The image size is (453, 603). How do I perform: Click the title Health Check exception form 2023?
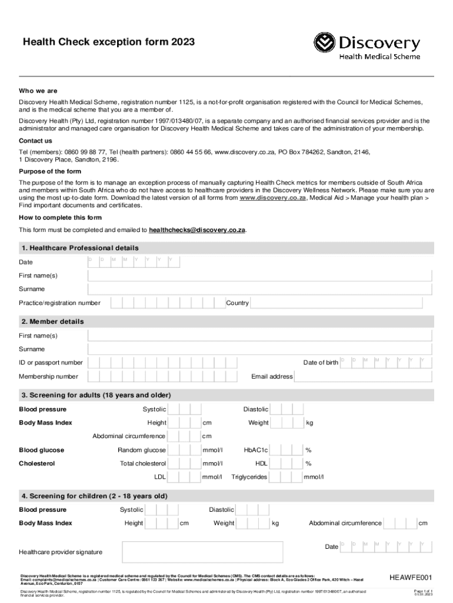(x=108, y=42)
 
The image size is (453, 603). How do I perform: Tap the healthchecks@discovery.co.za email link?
(x=197, y=230)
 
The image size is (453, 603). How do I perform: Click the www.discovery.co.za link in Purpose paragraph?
(x=272, y=198)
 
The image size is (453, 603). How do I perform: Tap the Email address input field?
(x=364, y=376)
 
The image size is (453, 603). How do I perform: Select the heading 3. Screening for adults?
(x=96, y=395)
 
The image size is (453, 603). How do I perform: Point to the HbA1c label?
(x=256, y=450)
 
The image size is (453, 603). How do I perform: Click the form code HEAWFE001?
(x=411, y=577)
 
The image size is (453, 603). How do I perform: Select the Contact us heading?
(x=35, y=141)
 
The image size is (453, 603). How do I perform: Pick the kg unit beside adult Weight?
(x=309, y=423)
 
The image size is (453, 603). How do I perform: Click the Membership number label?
(x=48, y=376)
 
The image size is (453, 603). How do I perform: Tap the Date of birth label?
(x=320, y=363)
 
